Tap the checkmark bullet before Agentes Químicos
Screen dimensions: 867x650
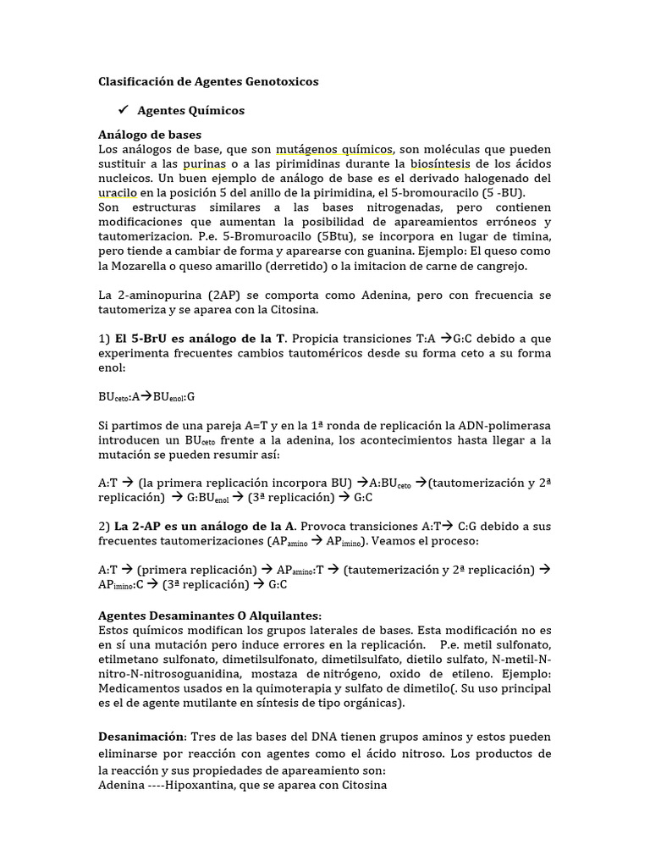[122, 111]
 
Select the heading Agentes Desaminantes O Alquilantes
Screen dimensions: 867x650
[209, 615]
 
